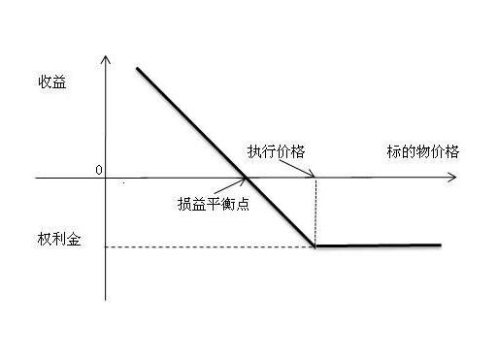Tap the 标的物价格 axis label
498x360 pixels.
point(422,152)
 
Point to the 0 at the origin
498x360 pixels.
point(99,170)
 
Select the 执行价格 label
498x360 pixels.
point(274,153)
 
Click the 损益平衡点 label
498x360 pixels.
point(215,204)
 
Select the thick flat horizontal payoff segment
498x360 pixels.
point(379,245)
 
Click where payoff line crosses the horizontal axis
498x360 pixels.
point(246,179)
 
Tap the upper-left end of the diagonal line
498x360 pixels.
point(138,68)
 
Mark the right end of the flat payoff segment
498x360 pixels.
point(441,245)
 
